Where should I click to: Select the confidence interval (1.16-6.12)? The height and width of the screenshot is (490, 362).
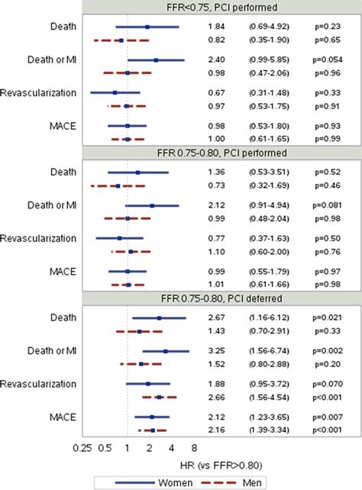[267, 318]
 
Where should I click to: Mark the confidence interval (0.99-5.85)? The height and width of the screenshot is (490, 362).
[267, 60]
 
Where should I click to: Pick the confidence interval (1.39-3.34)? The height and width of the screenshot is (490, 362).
[267, 430]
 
